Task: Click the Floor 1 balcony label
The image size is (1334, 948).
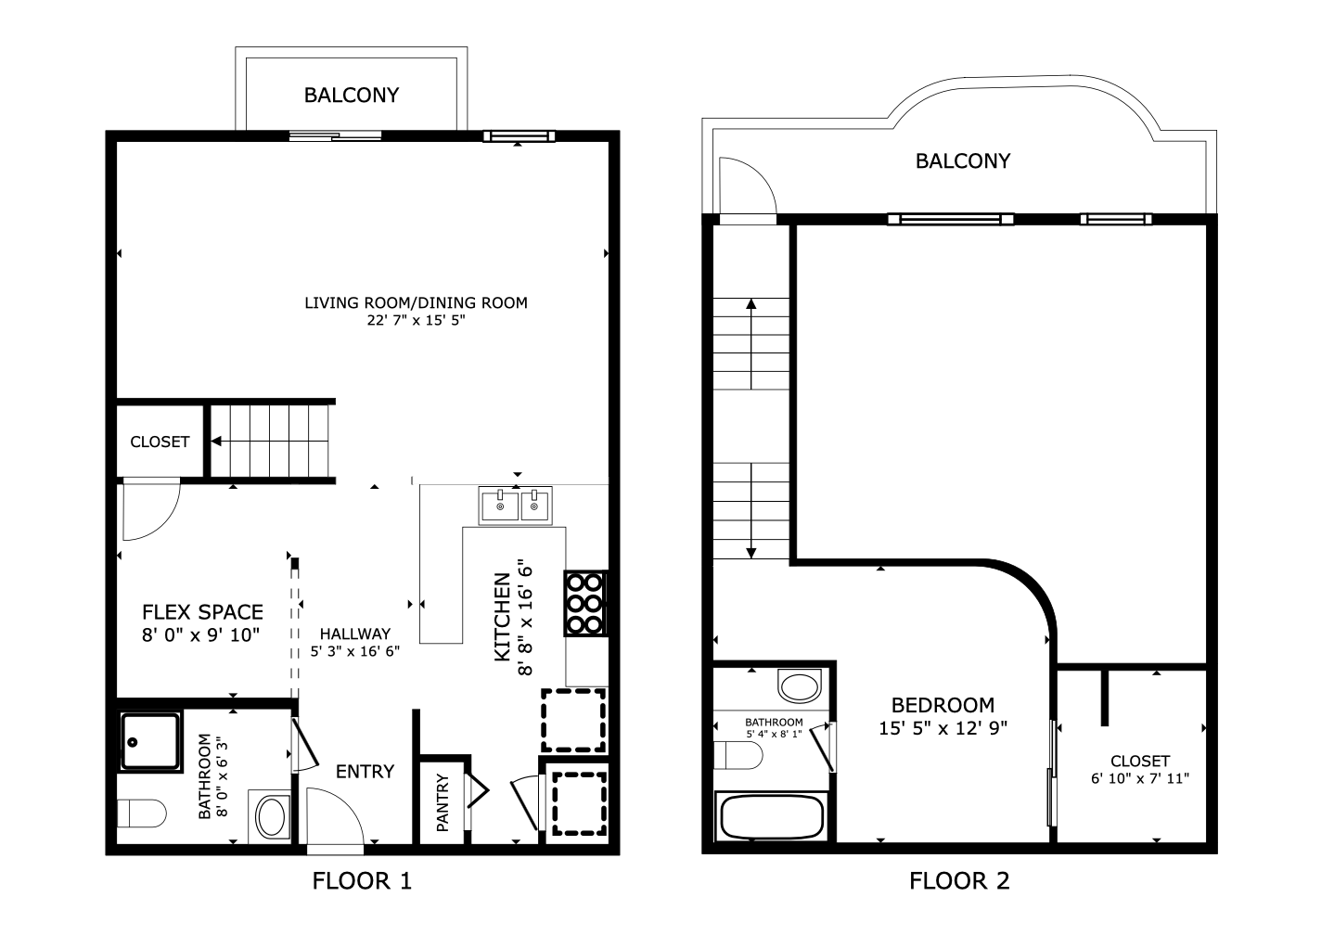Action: [352, 96]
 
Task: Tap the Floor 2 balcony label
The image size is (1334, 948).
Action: [962, 161]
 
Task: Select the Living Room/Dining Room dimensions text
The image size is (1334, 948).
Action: [416, 320]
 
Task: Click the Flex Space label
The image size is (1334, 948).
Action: [202, 612]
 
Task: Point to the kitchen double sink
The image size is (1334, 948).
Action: [515, 506]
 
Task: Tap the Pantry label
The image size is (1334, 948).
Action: [443, 802]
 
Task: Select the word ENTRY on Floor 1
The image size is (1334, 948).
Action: [366, 772]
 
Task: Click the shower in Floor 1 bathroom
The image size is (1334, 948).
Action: [150, 741]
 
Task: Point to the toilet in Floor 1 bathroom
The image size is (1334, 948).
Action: [142, 813]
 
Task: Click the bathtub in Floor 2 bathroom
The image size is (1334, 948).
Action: [772, 817]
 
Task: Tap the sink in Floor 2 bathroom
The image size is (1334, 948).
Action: [800, 686]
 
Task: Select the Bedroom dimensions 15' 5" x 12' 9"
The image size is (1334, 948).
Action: [943, 728]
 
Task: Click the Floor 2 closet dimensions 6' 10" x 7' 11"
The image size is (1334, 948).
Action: [1140, 779]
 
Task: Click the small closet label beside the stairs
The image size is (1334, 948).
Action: [160, 442]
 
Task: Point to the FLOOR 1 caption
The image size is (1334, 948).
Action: [362, 880]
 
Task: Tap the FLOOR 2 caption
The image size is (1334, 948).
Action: [959, 880]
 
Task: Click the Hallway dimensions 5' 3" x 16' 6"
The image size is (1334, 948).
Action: [355, 651]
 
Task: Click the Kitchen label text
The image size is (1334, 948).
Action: [503, 617]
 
